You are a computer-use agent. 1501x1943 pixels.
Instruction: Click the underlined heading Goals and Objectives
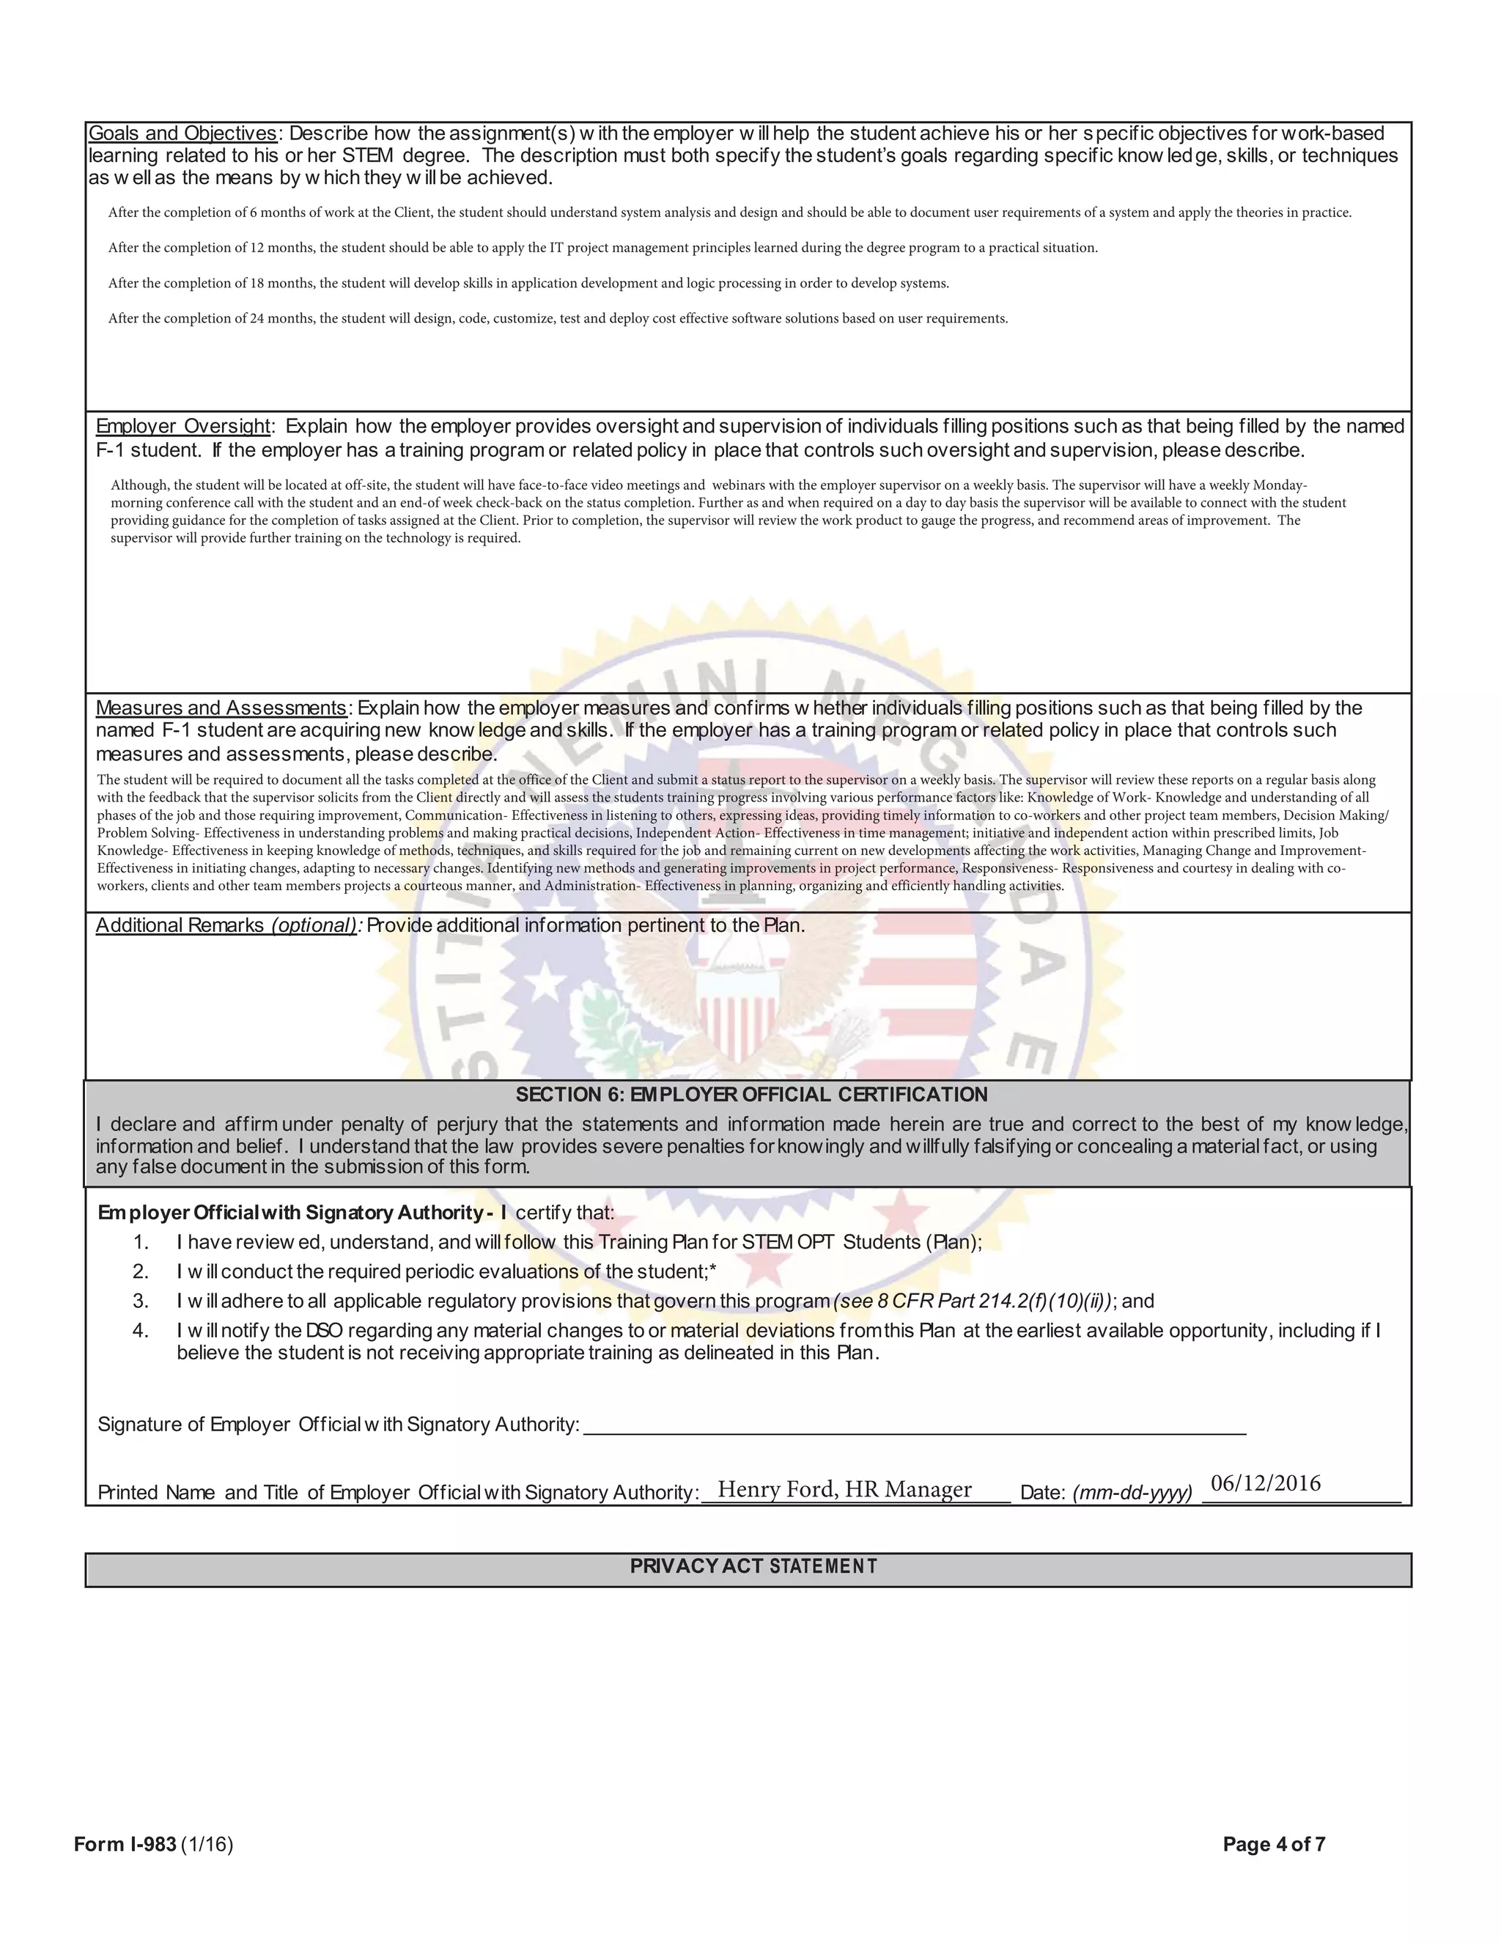tap(182, 133)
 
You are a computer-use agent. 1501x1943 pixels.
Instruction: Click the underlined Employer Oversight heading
tap(182, 426)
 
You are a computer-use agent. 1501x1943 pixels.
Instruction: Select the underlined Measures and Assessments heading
tap(221, 708)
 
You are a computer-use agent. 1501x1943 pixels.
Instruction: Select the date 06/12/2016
tap(1265, 1483)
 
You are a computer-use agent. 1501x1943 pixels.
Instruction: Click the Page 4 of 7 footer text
tap(1273, 1844)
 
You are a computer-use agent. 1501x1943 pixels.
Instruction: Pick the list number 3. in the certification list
tap(141, 1301)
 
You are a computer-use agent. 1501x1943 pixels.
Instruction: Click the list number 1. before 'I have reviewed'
tap(141, 1242)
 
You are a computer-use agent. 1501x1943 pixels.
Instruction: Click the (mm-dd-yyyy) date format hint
tap(1132, 1493)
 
